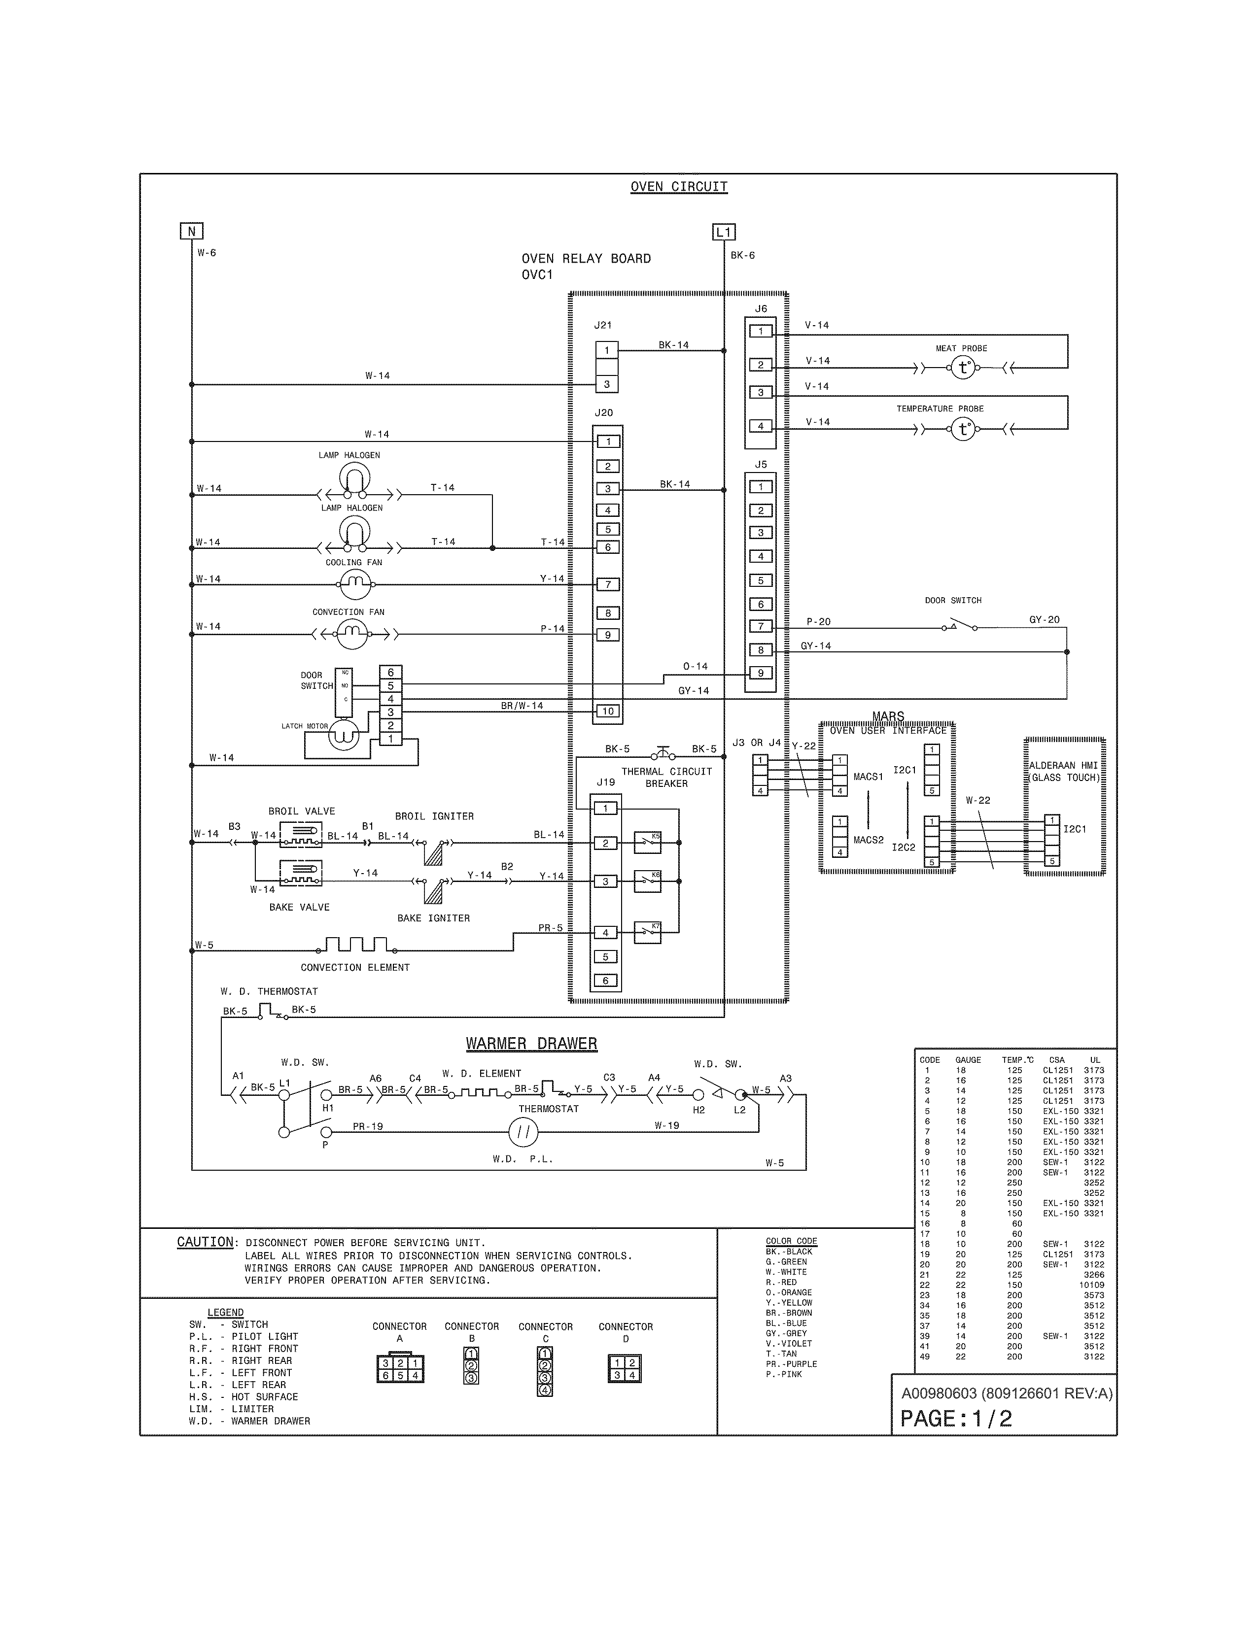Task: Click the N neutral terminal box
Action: (191, 232)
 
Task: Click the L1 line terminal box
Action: (724, 232)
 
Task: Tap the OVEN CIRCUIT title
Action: (678, 187)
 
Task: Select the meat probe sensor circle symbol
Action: (963, 367)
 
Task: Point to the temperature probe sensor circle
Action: (963, 429)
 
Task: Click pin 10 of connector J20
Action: (608, 711)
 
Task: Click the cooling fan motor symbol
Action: (355, 584)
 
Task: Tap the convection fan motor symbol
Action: (351, 634)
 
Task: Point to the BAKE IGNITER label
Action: (433, 918)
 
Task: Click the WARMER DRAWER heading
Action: (531, 1044)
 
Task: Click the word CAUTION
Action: (205, 1242)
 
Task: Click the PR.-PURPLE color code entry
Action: (791, 1364)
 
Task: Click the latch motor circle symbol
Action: (344, 734)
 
